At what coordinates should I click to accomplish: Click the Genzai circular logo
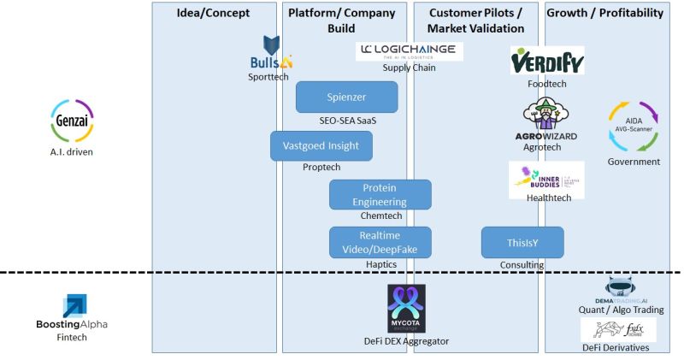point(72,121)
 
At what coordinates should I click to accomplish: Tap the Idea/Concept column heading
point(214,13)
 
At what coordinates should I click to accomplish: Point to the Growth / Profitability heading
point(604,13)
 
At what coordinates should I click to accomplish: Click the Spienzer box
point(346,97)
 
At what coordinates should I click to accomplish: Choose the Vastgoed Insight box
point(321,146)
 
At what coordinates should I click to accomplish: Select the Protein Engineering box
point(380,194)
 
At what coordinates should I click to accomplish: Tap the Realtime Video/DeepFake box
point(380,242)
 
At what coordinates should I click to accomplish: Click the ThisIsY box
point(522,242)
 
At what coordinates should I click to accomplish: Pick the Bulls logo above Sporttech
point(271,53)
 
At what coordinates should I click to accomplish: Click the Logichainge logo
point(410,51)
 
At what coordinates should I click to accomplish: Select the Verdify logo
point(547,61)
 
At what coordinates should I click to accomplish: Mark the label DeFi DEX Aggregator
point(406,342)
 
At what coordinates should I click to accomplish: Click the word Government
point(634,162)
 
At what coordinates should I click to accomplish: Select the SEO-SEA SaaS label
point(348,121)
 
